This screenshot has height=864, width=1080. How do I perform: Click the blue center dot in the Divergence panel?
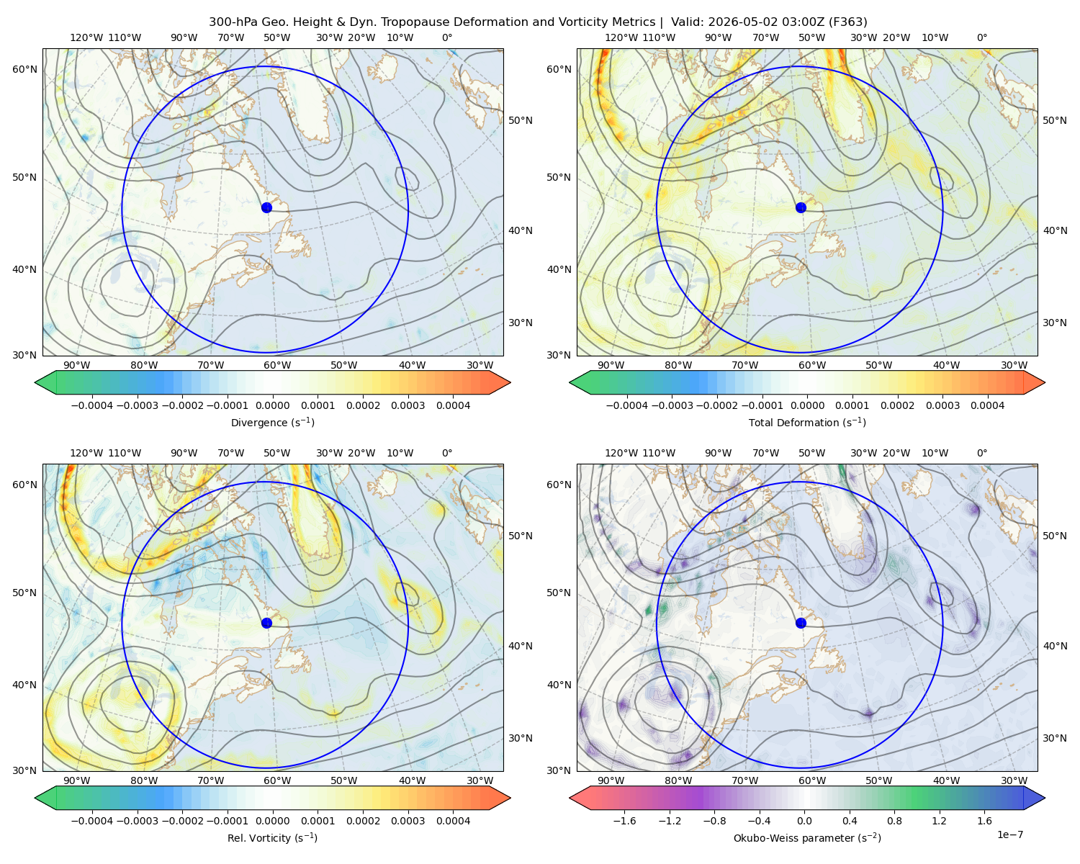[266, 207]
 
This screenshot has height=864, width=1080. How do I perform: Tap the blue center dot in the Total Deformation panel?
[801, 207]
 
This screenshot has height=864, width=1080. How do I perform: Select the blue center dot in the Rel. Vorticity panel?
[266, 623]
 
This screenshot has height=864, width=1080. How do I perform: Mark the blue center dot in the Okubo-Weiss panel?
[801, 623]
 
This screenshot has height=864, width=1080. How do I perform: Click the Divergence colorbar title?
[272, 422]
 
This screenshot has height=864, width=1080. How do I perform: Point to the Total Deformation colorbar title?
[807, 422]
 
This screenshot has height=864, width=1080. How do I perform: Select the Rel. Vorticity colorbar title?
[272, 837]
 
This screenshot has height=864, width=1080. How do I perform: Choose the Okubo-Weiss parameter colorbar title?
[807, 837]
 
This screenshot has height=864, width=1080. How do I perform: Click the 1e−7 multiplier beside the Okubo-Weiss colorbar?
[1009, 834]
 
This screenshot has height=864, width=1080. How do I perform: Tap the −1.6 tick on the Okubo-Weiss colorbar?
[624, 820]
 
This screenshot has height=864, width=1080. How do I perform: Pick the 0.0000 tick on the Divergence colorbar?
[272, 405]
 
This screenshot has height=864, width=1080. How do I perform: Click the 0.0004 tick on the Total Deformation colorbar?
[987, 405]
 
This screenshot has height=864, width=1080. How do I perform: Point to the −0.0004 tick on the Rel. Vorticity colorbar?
[92, 820]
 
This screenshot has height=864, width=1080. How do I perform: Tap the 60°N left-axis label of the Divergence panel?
[24, 69]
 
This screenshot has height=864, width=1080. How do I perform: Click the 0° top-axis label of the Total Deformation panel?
[982, 37]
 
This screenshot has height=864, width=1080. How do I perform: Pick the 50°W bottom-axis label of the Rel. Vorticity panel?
[343, 780]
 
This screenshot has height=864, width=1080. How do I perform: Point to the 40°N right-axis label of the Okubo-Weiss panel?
[1055, 646]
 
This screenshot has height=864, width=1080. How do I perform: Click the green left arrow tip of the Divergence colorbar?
[35, 382]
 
